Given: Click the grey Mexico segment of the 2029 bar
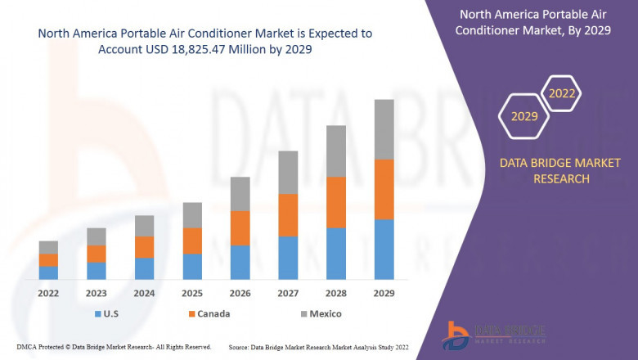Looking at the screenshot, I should pos(384,129).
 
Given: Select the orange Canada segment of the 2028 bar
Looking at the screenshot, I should pos(336,202).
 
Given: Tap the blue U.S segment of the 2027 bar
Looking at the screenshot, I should pos(288,258).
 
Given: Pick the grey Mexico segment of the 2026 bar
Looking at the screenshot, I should pos(240,194).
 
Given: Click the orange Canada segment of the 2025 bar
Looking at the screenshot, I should pos(192,241).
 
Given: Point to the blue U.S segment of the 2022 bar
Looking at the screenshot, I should pos(48,272).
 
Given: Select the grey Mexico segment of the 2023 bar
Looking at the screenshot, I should pos(97,236).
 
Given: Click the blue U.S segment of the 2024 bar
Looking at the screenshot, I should pos(144,268).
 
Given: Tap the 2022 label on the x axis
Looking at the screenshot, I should pos(48,293).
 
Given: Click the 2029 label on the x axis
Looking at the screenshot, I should pos(384,293).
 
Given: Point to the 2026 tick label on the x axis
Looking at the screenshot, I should pos(240,293).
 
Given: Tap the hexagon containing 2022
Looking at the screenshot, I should pos(562,94).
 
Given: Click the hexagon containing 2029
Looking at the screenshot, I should pos(524,117).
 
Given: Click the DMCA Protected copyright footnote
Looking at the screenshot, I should pos(113,347).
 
